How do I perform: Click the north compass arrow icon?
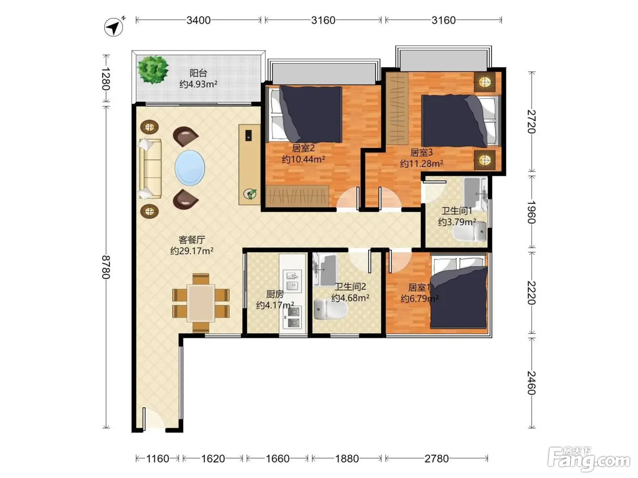point(114,27)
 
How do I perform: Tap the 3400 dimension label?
point(199,20)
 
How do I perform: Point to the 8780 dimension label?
point(106,267)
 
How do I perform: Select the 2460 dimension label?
point(532,383)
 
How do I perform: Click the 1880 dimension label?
point(347,459)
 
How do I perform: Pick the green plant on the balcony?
point(153,69)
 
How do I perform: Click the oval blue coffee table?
point(190,168)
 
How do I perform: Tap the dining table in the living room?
point(201,303)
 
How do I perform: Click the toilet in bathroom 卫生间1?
point(469,231)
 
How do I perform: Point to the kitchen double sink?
point(293,281)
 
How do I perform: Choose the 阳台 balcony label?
point(198,73)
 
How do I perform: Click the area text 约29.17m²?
point(192,251)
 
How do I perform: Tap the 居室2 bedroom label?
point(303,148)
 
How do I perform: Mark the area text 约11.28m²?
point(422,164)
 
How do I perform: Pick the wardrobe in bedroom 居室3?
point(397,108)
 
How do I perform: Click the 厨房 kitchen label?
point(275,294)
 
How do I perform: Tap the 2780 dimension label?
point(437,459)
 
